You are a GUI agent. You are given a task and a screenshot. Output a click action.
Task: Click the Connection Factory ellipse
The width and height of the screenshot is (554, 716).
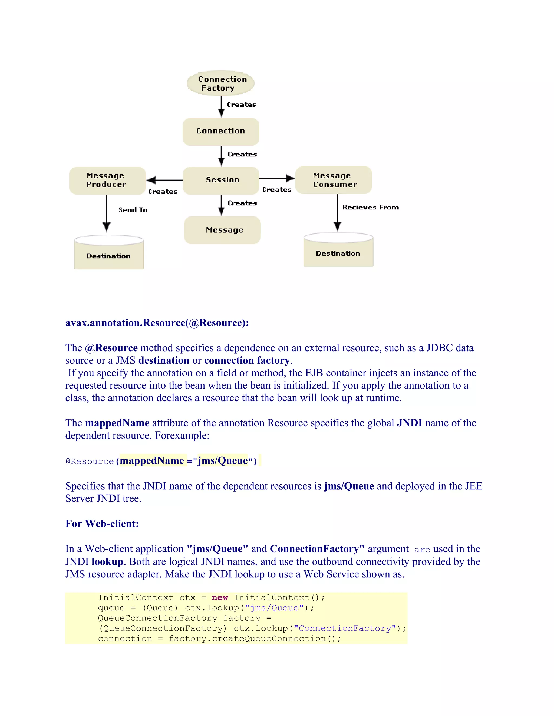tap(220, 83)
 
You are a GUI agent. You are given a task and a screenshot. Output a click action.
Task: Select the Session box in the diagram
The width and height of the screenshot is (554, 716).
tap(221, 180)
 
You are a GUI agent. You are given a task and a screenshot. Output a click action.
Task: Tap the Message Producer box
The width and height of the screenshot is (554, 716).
tap(107, 180)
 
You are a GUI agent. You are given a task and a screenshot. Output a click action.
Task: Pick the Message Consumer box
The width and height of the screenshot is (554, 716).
tap(334, 180)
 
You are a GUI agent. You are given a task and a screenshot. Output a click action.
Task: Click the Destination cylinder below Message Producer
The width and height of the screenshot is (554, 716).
tap(109, 252)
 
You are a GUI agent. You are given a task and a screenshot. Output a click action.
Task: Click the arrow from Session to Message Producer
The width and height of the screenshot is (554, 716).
tap(164, 180)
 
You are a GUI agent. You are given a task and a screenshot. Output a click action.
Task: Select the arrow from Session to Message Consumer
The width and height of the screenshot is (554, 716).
tap(277, 178)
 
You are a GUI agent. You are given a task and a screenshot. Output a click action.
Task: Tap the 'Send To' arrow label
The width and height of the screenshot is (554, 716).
tap(133, 210)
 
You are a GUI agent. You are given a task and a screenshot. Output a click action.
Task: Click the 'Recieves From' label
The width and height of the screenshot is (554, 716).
tap(371, 207)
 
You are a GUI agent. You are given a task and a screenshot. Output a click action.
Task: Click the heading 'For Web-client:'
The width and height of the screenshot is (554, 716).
tap(102, 524)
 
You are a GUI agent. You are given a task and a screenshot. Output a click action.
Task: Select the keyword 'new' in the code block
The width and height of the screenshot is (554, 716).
tap(220, 598)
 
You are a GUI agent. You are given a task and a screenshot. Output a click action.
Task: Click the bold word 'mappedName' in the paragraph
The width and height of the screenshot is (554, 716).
tap(117, 423)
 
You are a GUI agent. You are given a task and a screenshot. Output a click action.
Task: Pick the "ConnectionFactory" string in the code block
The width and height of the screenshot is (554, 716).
tap(345, 628)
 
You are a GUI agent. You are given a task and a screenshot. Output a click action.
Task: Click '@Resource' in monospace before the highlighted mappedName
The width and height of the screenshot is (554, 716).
tap(90, 461)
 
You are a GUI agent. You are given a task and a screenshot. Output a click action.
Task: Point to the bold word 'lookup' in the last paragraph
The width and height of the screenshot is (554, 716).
tap(107, 562)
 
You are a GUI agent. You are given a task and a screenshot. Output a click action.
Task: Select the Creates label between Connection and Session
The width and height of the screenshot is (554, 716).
tap(242, 154)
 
